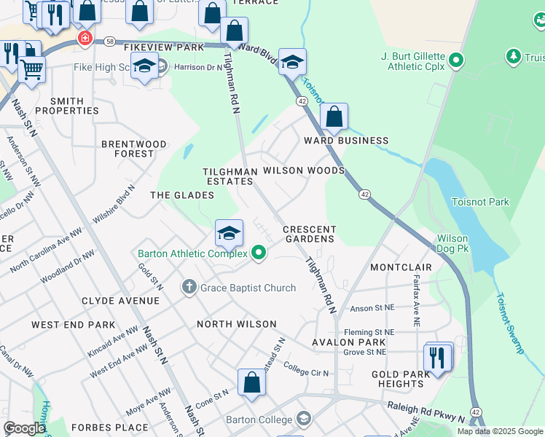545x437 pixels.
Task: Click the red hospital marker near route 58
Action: click(85, 38)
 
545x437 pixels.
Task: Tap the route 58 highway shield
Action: click(109, 42)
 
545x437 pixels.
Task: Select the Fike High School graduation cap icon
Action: click(144, 67)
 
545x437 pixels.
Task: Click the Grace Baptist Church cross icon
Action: click(189, 288)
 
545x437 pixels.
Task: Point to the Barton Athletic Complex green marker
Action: click(258, 253)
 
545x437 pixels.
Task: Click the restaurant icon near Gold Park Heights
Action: click(438, 358)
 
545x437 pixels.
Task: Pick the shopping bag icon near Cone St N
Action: click(251, 383)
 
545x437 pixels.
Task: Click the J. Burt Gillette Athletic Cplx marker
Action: click(456, 60)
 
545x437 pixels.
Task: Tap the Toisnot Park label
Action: click(480, 202)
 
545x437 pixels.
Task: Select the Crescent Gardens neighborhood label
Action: click(309, 234)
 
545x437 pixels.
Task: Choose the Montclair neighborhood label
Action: click(401, 267)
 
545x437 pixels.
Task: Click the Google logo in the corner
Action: click(24, 428)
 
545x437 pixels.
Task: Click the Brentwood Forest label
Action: click(133, 149)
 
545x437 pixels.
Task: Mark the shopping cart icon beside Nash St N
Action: click(31, 70)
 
